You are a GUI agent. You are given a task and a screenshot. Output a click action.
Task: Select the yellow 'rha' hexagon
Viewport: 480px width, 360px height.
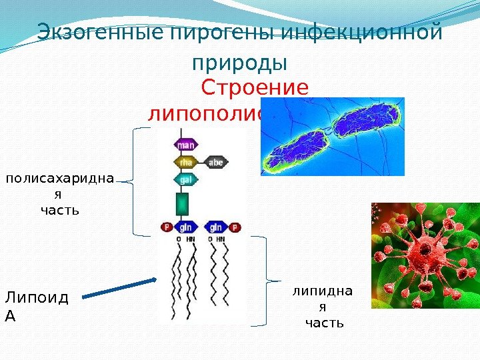185,161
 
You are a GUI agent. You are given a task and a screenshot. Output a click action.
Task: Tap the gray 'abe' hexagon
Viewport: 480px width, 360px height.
215,161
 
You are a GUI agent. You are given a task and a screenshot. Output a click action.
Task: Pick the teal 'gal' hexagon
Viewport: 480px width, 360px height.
185,179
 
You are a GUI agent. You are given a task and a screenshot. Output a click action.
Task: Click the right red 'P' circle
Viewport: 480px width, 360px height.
235,227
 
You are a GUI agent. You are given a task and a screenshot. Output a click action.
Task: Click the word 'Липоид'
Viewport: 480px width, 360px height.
36,297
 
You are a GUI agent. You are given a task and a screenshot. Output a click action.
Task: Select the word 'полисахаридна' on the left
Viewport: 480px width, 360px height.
60,179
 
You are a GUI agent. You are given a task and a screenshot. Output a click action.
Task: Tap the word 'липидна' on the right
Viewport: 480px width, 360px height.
323,291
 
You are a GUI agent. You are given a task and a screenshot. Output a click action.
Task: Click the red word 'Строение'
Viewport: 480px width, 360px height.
255,88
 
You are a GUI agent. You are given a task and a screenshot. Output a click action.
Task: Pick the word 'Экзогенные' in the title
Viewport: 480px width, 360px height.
94,31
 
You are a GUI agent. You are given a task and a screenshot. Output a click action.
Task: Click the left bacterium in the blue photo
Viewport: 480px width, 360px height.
298,152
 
